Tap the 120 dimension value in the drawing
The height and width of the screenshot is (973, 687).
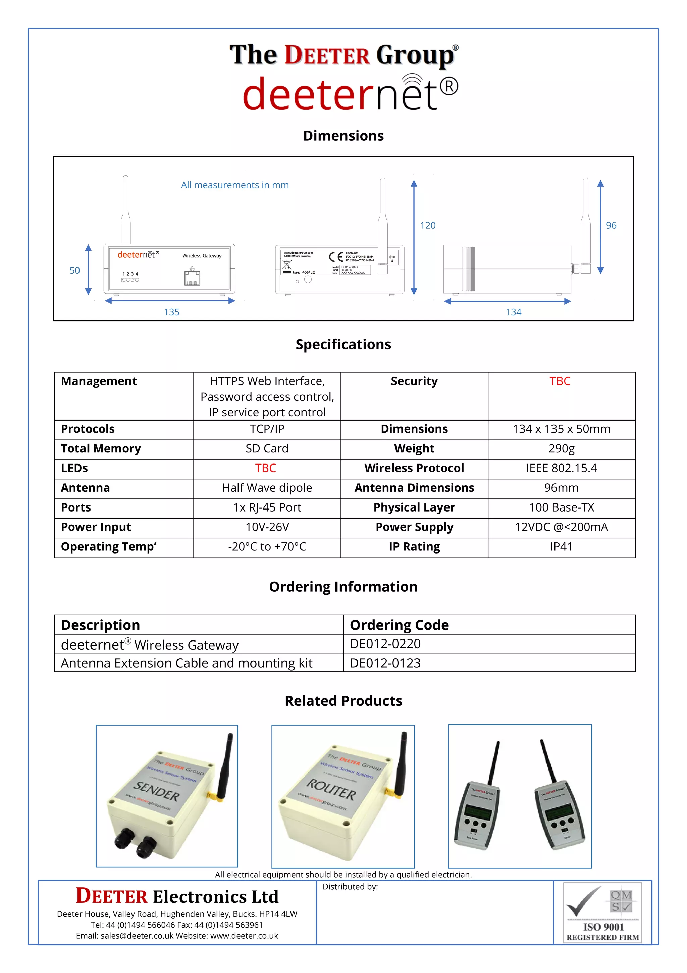coord(427,225)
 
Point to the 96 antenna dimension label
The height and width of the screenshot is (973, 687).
coord(611,225)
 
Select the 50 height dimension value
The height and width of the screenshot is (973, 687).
coord(74,270)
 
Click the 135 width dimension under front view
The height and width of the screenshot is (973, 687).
coord(171,312)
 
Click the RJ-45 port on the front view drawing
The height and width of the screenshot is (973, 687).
coord(192,278)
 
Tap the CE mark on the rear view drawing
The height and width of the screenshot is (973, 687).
coord(336,257)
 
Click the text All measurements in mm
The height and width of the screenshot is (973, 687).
coord(235,185)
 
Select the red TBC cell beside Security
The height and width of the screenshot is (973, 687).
coord(560,381)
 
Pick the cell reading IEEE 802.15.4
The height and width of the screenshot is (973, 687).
coord(561,468)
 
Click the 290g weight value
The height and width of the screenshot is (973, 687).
coord(561,448)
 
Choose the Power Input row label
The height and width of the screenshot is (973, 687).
coord(96,527)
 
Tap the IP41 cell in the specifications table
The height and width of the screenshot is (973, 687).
coord(561,547)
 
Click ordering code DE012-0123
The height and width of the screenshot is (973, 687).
coord(385,663)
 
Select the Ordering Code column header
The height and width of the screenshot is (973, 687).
coord(399,625)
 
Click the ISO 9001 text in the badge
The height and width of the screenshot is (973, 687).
coord(603,927)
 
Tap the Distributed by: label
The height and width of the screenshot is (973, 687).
coord(350,887)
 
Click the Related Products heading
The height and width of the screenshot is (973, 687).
coord(343,701)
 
